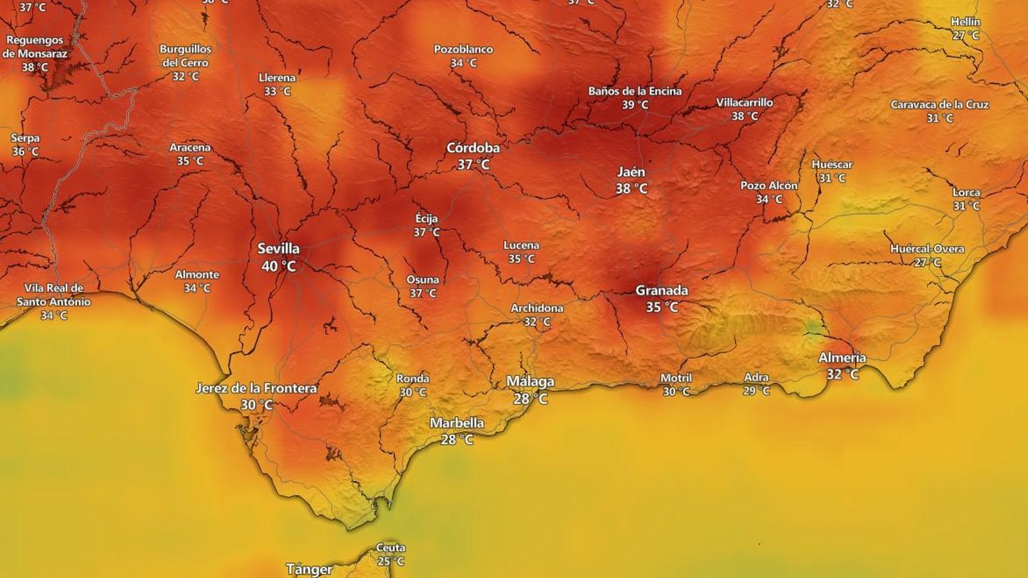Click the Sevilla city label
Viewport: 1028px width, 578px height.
coord(278,249)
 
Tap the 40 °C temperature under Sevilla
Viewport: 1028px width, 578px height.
coord(278,266)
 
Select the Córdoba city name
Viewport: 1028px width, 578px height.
coord(473,148)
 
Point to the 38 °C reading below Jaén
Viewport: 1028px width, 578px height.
coord(631,189)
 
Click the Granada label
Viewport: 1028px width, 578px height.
coord(661,290)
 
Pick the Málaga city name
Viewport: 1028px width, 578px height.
coord(530,381)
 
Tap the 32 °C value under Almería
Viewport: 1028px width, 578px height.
coord(842,374)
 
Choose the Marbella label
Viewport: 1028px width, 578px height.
coord(457,423)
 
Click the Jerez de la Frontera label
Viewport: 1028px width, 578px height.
coord(256,389)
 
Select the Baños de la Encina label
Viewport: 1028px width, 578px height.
coord(635,91)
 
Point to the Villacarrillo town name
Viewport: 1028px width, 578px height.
coord(745,102)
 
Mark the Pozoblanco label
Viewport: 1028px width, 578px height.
coord(463,49)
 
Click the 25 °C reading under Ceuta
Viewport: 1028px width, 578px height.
coord(391,561)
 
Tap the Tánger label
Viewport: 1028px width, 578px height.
coord(309,569)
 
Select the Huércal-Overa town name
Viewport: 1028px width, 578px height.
coord(926,249)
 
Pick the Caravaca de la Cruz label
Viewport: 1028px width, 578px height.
coord(939,105)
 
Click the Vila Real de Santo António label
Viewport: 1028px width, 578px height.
coord(53,295)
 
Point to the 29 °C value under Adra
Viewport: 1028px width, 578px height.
coord(756,390)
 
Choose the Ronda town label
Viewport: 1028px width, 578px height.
coord(412,379)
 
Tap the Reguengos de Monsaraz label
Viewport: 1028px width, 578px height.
coord(35,47)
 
